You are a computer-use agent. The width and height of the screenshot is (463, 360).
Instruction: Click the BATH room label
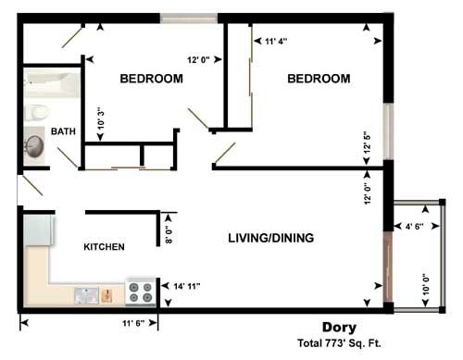pyautogui.click(x=63, y=131)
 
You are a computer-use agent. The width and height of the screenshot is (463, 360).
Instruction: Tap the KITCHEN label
pyautogui.click(x=105, y=247)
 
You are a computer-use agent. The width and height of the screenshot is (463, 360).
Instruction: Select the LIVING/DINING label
pyautogui.click(x=270, y=238)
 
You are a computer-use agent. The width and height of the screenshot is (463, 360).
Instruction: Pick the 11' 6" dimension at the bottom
pyautogui.click(x=135, y=323)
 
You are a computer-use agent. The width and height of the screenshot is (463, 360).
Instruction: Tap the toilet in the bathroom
pyautogui.click(x=37, y=112)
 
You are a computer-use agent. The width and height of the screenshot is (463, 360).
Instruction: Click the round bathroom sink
pyautogui.click(x=35, y=145)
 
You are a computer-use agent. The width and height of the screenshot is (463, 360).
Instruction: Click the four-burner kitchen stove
pyautogui.click(x=141, y=292)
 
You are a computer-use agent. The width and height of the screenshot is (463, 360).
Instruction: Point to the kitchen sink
pyautogui.click(x=88, y=295)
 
